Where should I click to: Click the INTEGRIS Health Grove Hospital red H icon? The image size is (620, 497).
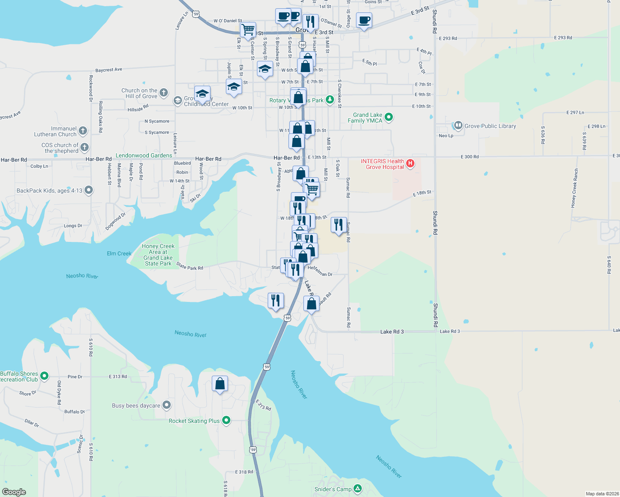(410, 163)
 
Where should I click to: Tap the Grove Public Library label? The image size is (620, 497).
(490, 126)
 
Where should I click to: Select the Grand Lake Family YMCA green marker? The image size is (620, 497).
(389, 117)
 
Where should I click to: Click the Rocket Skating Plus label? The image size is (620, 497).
(194, 421)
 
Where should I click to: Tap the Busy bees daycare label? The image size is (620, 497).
(136, 405)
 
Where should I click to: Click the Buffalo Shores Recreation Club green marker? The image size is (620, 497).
(44, 376)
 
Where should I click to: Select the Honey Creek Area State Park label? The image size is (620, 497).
(158, 255)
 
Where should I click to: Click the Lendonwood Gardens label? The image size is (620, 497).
(144, 155)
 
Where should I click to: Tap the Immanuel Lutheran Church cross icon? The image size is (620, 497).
(83, 131)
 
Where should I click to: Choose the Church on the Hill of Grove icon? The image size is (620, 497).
(164, 93)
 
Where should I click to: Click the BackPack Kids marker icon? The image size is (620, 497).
(89, 191)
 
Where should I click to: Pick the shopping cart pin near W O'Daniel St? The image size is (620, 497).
(248, 29)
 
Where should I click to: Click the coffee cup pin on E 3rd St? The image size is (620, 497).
(364, 20)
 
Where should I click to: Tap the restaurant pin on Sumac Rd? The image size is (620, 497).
(339, 225)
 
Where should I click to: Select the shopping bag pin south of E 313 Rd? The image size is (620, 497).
(220, 384)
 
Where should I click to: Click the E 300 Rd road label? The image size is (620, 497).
(470, 157)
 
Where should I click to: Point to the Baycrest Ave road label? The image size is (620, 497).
(109, 70)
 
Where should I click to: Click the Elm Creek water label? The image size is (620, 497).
(119, 253)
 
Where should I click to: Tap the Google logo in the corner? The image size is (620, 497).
(14, 492)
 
